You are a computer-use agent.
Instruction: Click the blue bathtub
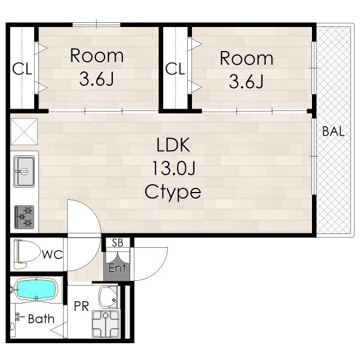click(x=35, y=289)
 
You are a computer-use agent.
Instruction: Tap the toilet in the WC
click(x=26, y=254)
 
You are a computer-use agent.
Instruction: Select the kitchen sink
click(x=24, y=172)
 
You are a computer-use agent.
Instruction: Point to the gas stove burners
click(x=25, y=217)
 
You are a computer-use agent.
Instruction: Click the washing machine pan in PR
click(x=106, y=323)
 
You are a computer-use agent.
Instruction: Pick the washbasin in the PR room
click(x=109, y=298)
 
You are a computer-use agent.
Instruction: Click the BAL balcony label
click(x=334, y=131)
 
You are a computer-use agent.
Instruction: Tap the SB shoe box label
click(x=118, y=242)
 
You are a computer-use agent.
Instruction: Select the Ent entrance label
click(x=118, y=268)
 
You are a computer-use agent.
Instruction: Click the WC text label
click(x=52, y=254)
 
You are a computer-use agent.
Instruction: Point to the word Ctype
click(x=173, y=193)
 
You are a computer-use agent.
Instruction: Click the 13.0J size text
click(x=173, y=168)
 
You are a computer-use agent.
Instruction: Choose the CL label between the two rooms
click(x=175, y=68)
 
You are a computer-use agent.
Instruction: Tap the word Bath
click(x=41, y=319)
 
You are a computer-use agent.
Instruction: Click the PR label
click(x=81, y=306)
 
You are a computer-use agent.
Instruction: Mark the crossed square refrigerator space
click(x=25, y=131)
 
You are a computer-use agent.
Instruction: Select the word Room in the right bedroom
click(x=247, y=58)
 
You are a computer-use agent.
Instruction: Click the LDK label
click(x=173, y=145)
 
